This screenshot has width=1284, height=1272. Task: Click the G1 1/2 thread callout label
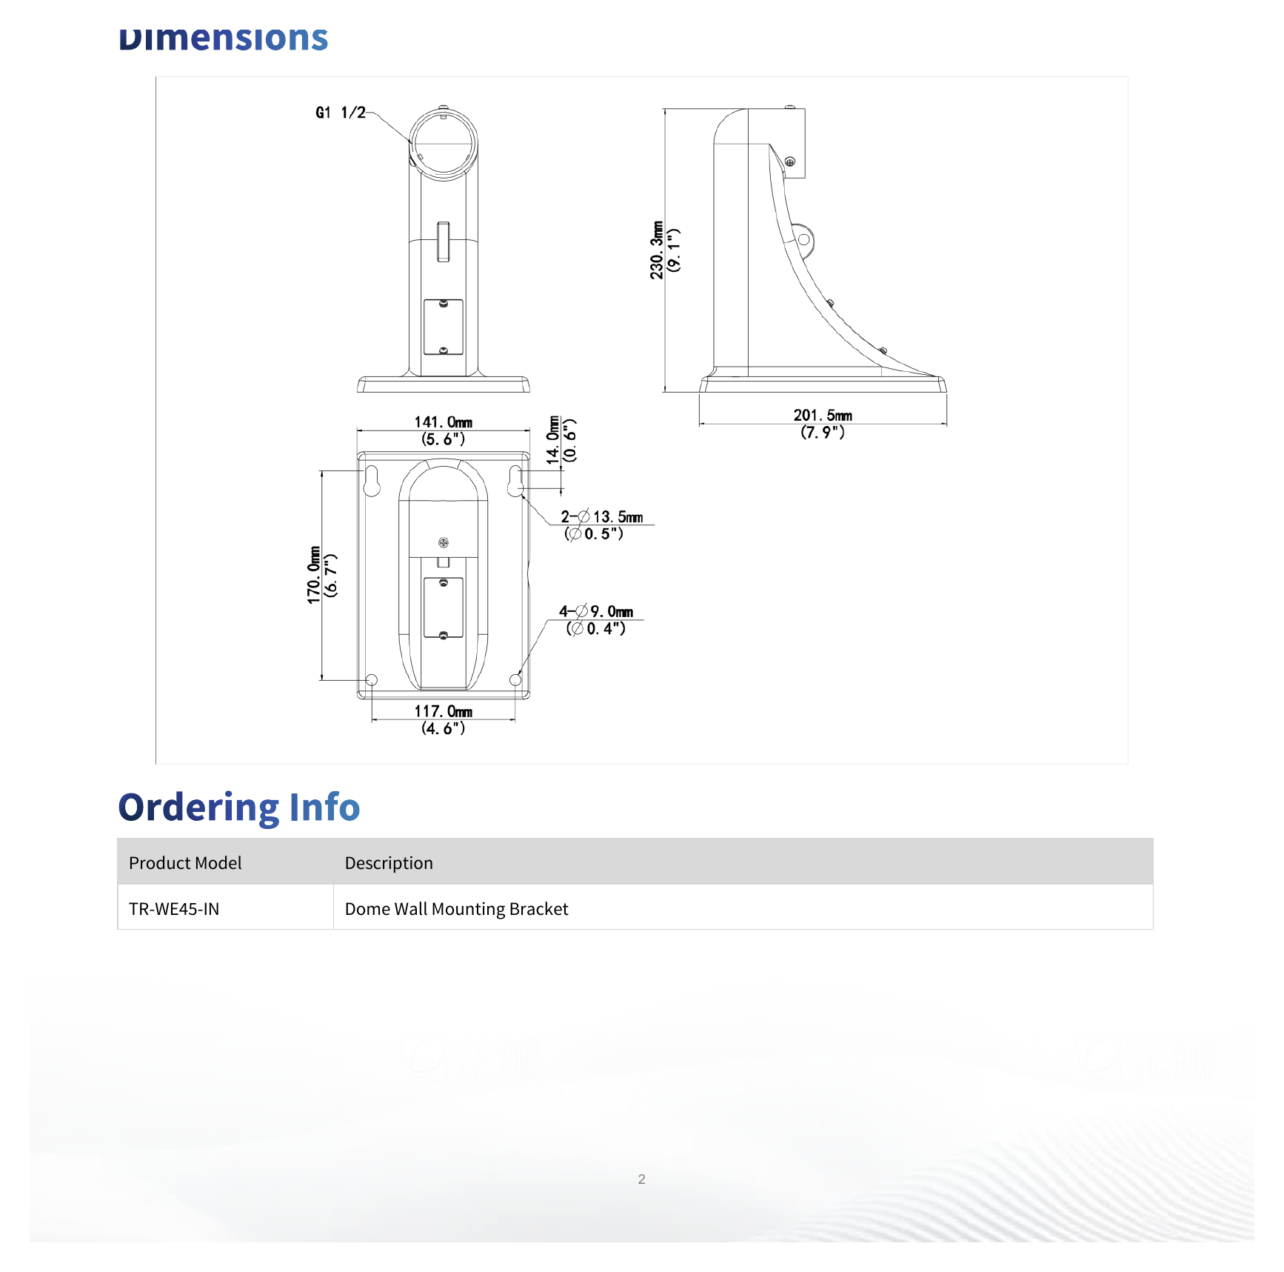(341, 113)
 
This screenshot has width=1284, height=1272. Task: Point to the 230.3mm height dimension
(665, 250)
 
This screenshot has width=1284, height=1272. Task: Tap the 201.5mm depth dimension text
(823, 424)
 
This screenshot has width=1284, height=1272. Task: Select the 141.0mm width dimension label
(443, 430)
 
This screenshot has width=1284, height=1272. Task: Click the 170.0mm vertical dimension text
(322, 575)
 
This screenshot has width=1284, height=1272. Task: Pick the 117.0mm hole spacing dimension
(443, 719)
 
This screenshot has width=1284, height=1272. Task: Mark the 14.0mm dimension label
(561, 441)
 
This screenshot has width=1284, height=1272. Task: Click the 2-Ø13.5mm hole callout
(601, 525)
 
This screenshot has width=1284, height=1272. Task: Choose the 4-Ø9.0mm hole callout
(596, 619)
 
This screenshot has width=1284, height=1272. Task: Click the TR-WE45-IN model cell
(174, 909)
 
